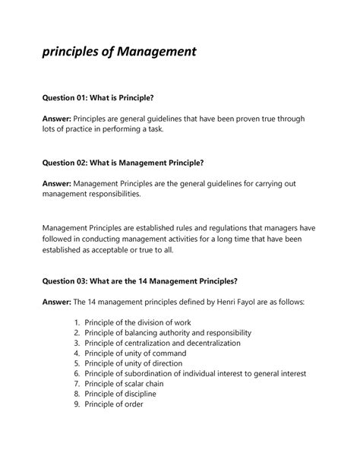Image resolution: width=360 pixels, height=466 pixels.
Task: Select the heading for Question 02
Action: [123, 163]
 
